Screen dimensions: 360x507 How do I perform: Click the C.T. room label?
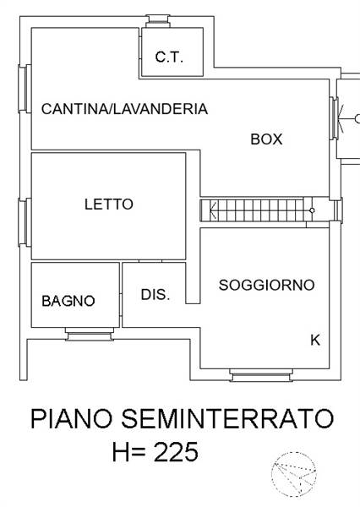point(169,57)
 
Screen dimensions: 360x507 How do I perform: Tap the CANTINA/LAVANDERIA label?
point(124,109)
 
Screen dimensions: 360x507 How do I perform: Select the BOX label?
point(266,139)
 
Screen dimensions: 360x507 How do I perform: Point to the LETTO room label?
point(109,204)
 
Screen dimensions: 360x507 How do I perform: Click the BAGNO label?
point(68,301)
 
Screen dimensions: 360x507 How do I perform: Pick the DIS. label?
point(155,295)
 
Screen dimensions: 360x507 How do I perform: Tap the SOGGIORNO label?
point(266,285)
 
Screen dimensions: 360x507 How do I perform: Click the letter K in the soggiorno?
point(315,341)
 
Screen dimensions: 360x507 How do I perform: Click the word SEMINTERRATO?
point(227,418)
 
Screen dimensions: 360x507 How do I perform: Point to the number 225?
point(176,452)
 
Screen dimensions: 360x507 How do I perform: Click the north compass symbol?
point(294,474)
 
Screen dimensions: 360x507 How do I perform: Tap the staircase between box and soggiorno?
point(256,210)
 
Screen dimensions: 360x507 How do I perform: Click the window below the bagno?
point(90,334)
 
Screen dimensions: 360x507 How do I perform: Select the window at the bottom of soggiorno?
point(260,375)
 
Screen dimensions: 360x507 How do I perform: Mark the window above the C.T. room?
point(157,21)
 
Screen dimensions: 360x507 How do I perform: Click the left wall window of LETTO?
point(25,222)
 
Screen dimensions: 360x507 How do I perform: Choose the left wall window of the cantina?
point(25,89)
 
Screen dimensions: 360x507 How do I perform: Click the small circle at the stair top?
point(312,210)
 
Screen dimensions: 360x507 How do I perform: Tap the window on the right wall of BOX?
point(335,118)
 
